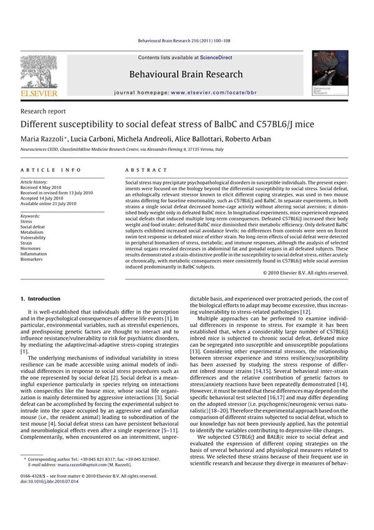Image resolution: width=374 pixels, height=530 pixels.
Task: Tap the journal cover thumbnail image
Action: [330, 74]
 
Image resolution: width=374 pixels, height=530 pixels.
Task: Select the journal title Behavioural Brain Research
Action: [186, 74]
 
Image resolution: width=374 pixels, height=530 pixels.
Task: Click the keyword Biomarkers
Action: [34, 260]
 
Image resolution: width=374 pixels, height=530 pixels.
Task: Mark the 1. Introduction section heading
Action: [41, 299]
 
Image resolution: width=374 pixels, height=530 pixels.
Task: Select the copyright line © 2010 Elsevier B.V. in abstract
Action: [305, 272]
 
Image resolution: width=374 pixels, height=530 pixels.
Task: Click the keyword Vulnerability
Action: [34, 238]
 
